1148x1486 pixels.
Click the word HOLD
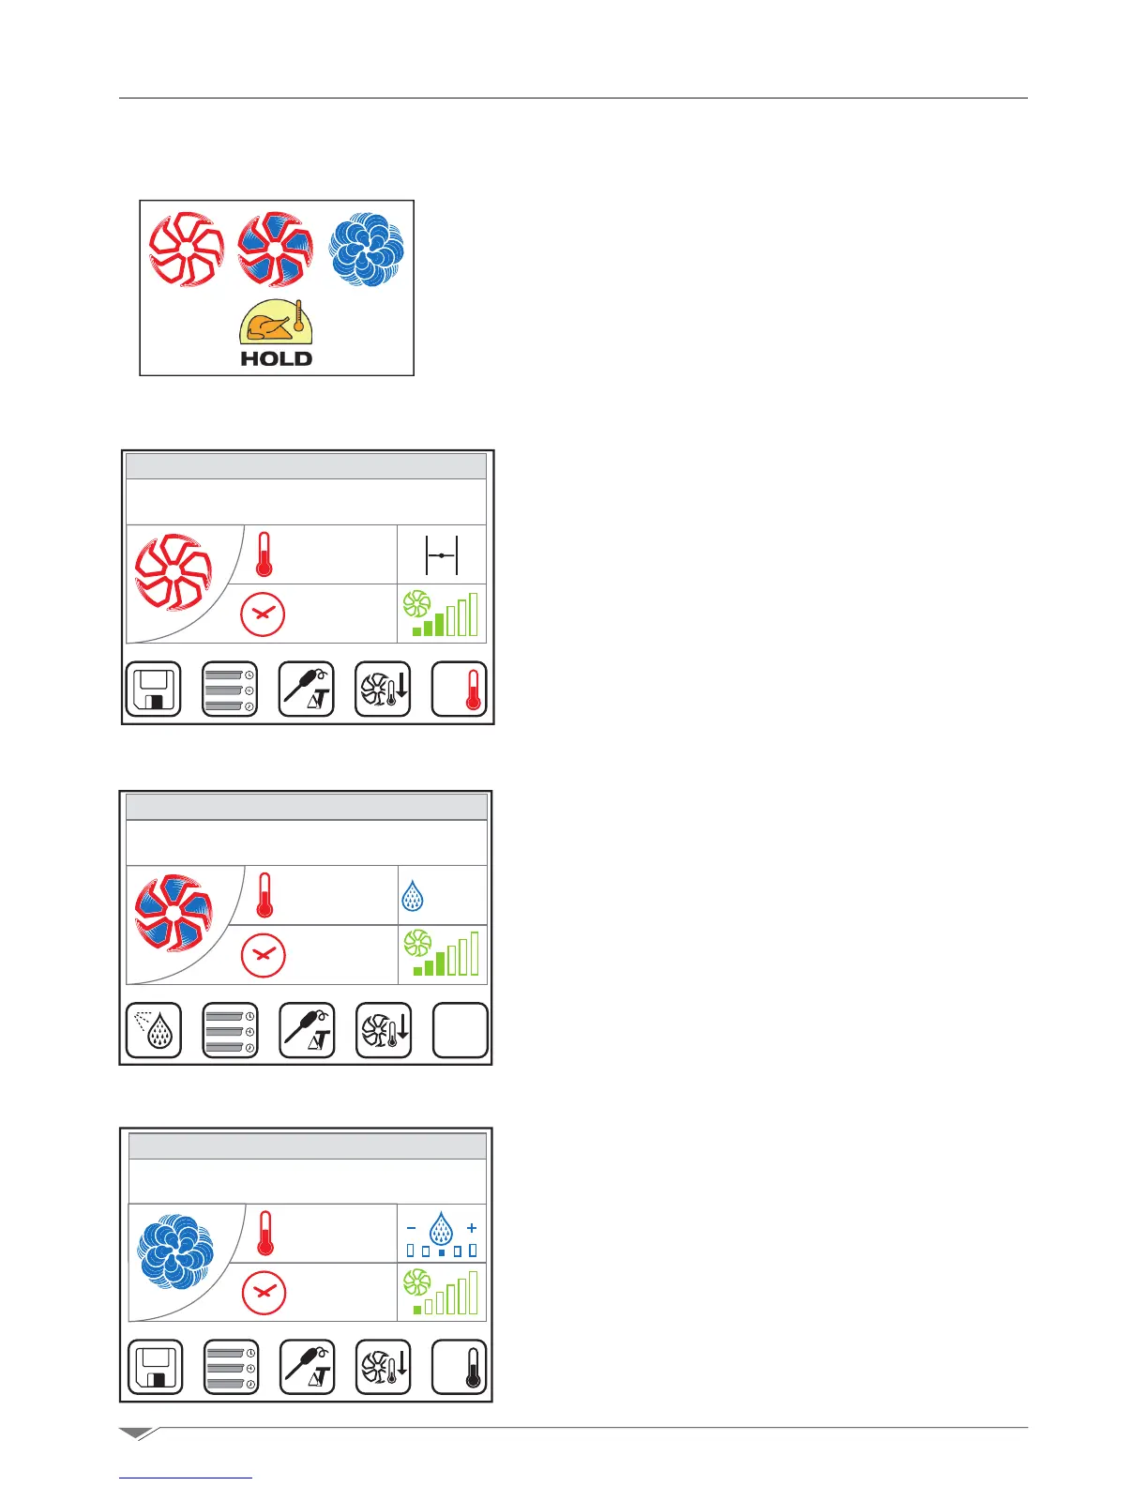pyautogui.click(x=276, y=358)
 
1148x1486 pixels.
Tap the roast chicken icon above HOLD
pyautogui.click(x=276, y=325)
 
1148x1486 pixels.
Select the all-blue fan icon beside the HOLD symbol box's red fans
pyautogui.click(x=367, y=249)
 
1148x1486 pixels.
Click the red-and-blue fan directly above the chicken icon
pyautogui.click(x=275, y=249)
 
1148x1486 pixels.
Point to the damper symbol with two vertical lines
pyautogui.click(x=442, y=555)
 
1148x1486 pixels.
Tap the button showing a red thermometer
pyautogui.click(x=460, y=690)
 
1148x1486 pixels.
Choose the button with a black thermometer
pyautogui.click(x=460, y=1367)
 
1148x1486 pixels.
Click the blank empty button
pyautogui.click(x=460, y=1030)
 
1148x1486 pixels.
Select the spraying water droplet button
pyautogui.click(x=154, y=1030)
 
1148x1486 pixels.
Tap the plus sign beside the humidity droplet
pyautogui.click(x=472, y=1227)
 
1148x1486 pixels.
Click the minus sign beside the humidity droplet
pyautogui.click(x=411, y=1227)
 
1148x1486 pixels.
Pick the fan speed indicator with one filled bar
pyautogui.click(x=442, y=1292)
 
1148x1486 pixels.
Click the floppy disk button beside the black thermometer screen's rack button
pyautogui.click(x=155, y=1367)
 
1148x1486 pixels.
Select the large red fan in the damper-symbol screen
pyautogui.click(x=174, y=571)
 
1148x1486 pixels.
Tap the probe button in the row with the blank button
pyautogui.click(x=307, y=1030)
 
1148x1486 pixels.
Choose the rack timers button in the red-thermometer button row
pyautogui.click(x=230, y=690)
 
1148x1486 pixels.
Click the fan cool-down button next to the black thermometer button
pyautogui.click(x=383, y=1367)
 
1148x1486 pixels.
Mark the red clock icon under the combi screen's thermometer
pyautogui.click(x=264, y=954)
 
